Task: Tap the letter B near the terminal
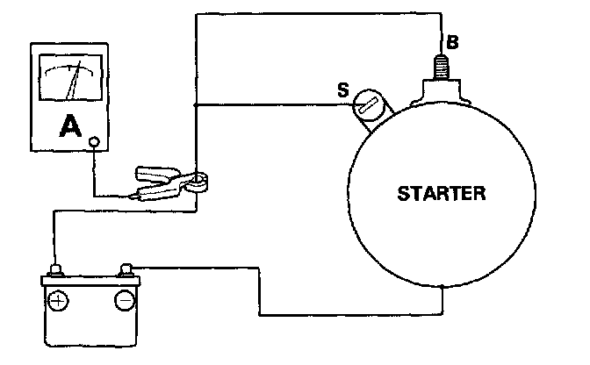pyautogui.click(x=452, y=40)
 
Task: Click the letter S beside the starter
pyautogui.click(x=344, y=89)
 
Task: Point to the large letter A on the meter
pyautogui.click(x=68, y=128)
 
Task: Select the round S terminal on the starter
pyautogui.click(x=369, y=110)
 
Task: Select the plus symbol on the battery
pyautogui.click(x=59, y=300)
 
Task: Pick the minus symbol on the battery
pyautogui.click(x=124, y=300)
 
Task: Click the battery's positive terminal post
pyautogui.click(x=55, y=269)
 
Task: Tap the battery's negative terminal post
pyautogui.click(x=126, y=266)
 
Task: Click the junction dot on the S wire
pyautogui.click(x=195, y=104)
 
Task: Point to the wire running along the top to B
pyautogui.click(x=316, y=13)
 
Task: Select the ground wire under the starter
pyautogui.click(x=351, y=312)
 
